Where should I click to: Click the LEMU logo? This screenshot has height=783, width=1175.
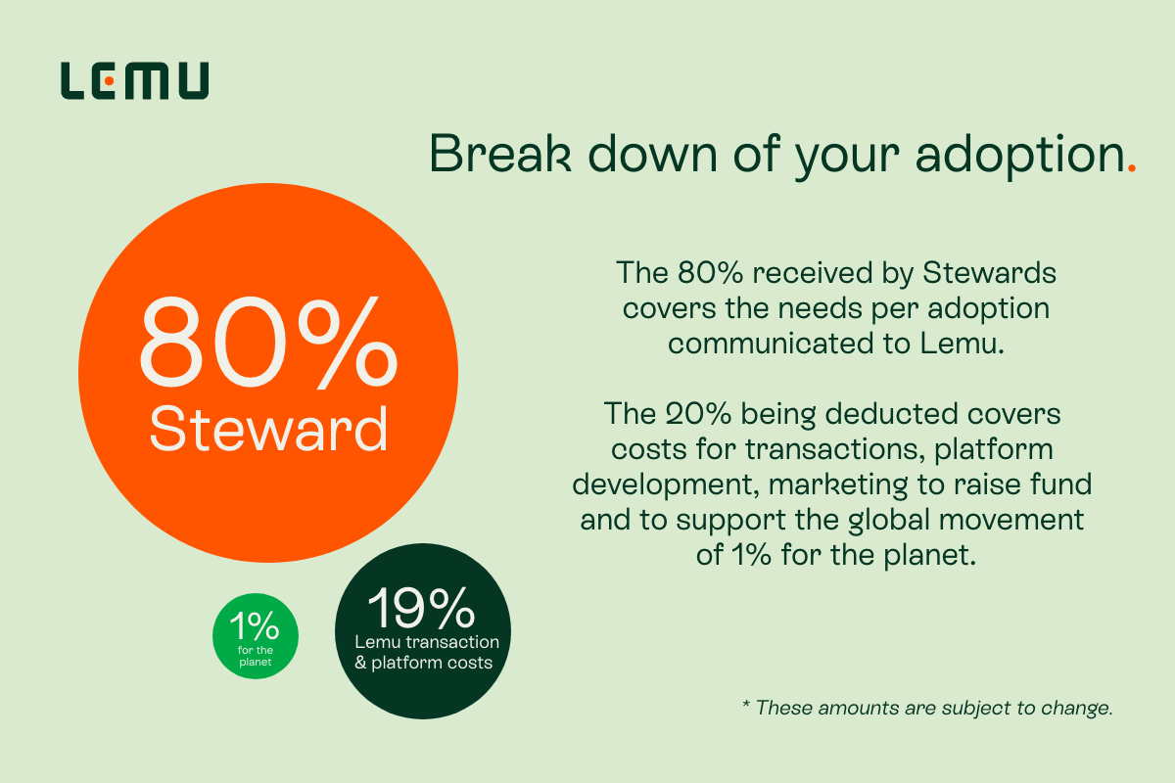tap(135, 81)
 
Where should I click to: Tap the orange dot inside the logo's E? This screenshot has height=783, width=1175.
tap(109, 81)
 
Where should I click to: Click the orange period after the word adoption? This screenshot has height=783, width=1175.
tap(1132, 168)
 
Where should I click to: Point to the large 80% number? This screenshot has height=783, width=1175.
tap(268, 343)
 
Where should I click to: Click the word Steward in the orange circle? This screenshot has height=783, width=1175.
tap(268, 429)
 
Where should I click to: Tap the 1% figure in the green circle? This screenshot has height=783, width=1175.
tap(255, 625)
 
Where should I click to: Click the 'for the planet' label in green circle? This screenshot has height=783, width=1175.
tap(255, 656)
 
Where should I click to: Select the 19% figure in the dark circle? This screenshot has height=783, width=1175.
tap(421, 607)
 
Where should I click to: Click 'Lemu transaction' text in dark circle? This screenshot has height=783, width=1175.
tap(427, 642)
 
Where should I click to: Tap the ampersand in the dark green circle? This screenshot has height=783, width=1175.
tap(360, 663)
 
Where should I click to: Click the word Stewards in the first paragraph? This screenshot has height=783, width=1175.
tap(989, 273)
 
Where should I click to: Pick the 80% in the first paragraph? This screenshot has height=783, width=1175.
tap(710, 273)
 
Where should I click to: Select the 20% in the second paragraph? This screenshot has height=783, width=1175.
tap(698, 414)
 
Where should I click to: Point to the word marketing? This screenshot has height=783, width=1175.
tap(838, 484)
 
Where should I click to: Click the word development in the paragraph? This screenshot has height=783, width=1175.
tap(666, 484)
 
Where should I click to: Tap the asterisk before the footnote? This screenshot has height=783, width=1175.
tap(745, 703)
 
